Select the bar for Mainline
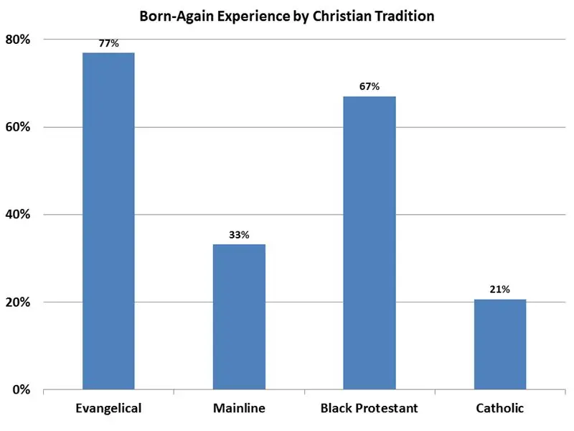pyautogui.click(x=239, y=317)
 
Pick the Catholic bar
pyautogui.click(x=500, y=344)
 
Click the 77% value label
pyautogui.click(x=108, y=44)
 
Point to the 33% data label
pyautogui.click(x=239, y=235)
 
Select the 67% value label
pyautogui.click(x=370, y=87)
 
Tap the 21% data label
pyautogui.click(x=500, y=289)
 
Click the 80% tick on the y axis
pyautogui.click(x=18, y=40)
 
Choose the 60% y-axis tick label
pyautogui.click(x=18, y=127)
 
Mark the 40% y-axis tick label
pyautogui.click(x=18, y=215)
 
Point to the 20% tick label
pyautogui.click(x=18, y=302)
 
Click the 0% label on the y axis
pyautogui.click(x=22, y=390)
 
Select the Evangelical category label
pyautogui.click(x=108, y=409)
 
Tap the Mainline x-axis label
pyautogui.click(x=239, y=409)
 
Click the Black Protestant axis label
pyautogui.click(x=370, y=409)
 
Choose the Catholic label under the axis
pyautogui.click(x=500, y=409)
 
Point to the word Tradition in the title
pyautogui.click(x=405, y=16)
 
